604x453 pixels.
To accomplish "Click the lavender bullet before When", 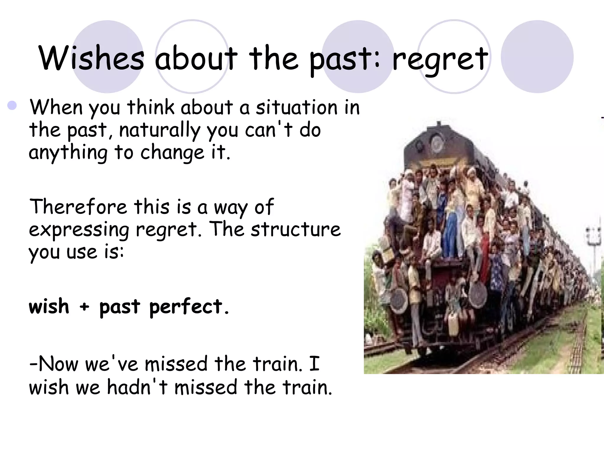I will [12, 106].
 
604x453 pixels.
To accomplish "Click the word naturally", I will [160, 130].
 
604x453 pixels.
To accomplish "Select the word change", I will [172, 153].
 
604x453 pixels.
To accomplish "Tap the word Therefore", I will [78, 207].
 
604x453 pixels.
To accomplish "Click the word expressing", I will [79, 230].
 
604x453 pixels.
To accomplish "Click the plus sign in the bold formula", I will [84, 307].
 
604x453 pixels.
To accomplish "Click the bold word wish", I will [49, 306].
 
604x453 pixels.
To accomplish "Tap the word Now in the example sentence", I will [58, 364].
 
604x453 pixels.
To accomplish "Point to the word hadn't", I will [137, 387].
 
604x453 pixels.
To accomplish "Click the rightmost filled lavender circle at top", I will [537, 56].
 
